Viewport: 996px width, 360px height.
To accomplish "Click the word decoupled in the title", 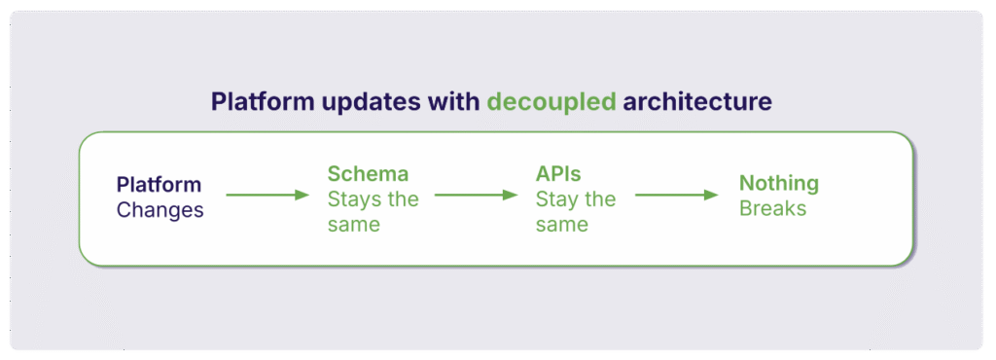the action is point(551,102).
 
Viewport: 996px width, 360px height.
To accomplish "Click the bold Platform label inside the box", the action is point(159,184).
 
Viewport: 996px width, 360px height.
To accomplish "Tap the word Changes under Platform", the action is point(160,209).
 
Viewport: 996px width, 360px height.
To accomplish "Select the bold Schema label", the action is point(368,174).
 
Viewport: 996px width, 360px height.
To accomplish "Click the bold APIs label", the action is point(558,174).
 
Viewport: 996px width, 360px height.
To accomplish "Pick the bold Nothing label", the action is point(779,183).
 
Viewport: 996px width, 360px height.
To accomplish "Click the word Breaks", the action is point(772,208).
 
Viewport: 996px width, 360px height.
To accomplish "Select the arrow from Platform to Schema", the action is point(266,196).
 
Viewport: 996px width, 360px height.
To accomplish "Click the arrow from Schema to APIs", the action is point(476,196).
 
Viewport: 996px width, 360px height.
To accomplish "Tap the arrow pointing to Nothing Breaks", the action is point(675,196).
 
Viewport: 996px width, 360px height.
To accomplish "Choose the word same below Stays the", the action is point(352,225).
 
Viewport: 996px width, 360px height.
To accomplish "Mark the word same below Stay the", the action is point(561,225).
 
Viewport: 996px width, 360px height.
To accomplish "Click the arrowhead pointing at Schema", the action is point(301,196).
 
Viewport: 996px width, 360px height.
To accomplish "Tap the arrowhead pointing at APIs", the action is point(511,196).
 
